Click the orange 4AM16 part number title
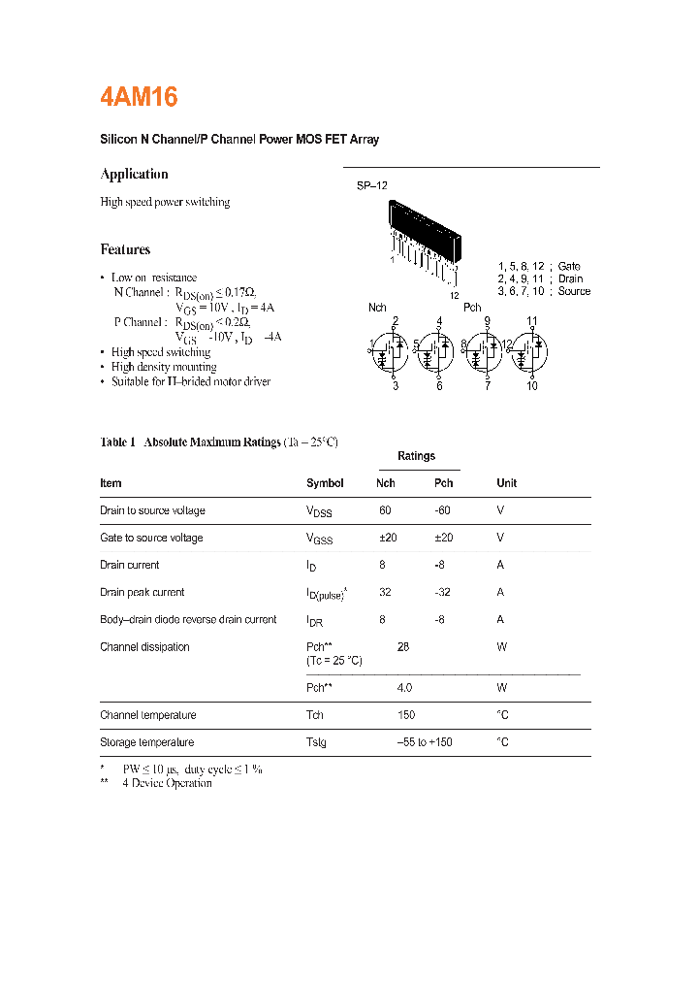tap(139, 97)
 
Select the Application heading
tap(134, 174)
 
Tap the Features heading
tap(125, 249)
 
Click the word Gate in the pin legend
tap(569, 266)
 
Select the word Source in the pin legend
tap(574, 291)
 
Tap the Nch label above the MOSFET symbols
tap(377, 308)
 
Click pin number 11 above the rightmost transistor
tap(532, 321)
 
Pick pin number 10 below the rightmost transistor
tap(532, 386)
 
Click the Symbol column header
tap(325, 483)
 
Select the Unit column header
tap(506, 483)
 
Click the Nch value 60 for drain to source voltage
tap(385, 510)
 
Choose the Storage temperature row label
tap(147, 742)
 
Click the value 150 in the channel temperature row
tap(406, 715)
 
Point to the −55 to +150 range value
tap(425, 742)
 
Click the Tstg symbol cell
tap(317, 743)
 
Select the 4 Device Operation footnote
tap(167, 783)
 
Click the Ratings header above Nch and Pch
tap(416, 456)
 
